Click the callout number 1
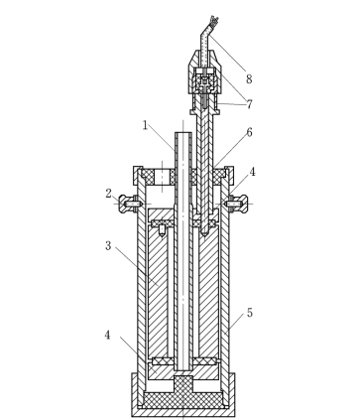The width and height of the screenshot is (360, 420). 145,125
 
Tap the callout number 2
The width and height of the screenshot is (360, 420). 109,194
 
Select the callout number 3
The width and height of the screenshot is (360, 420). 108,246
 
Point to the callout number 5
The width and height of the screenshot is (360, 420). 250,313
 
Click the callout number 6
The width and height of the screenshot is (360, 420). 249,132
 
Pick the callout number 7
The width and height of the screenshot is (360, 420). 249,104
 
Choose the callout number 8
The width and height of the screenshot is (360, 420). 249,79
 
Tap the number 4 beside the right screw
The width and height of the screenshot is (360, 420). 252,172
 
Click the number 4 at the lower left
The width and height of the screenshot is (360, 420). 107,335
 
